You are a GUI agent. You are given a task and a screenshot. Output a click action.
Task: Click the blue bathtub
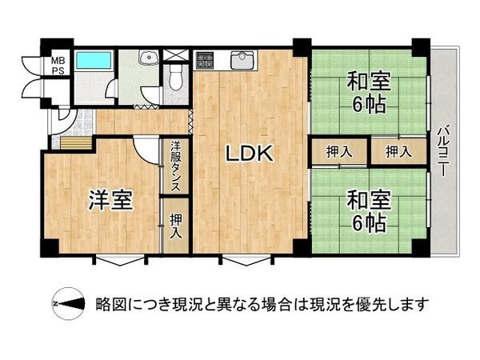[95, 61]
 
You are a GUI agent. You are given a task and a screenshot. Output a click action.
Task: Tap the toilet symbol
[177, 77]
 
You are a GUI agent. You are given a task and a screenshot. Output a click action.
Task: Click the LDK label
[249, 152]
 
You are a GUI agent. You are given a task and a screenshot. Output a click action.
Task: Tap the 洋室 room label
[110, 200]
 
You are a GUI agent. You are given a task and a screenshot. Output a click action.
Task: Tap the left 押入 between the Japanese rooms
[339, 151]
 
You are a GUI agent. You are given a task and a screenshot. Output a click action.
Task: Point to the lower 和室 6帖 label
[367, 210]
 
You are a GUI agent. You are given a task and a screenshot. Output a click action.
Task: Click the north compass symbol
[67, 304]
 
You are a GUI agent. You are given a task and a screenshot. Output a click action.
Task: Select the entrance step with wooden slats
[71, 143]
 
